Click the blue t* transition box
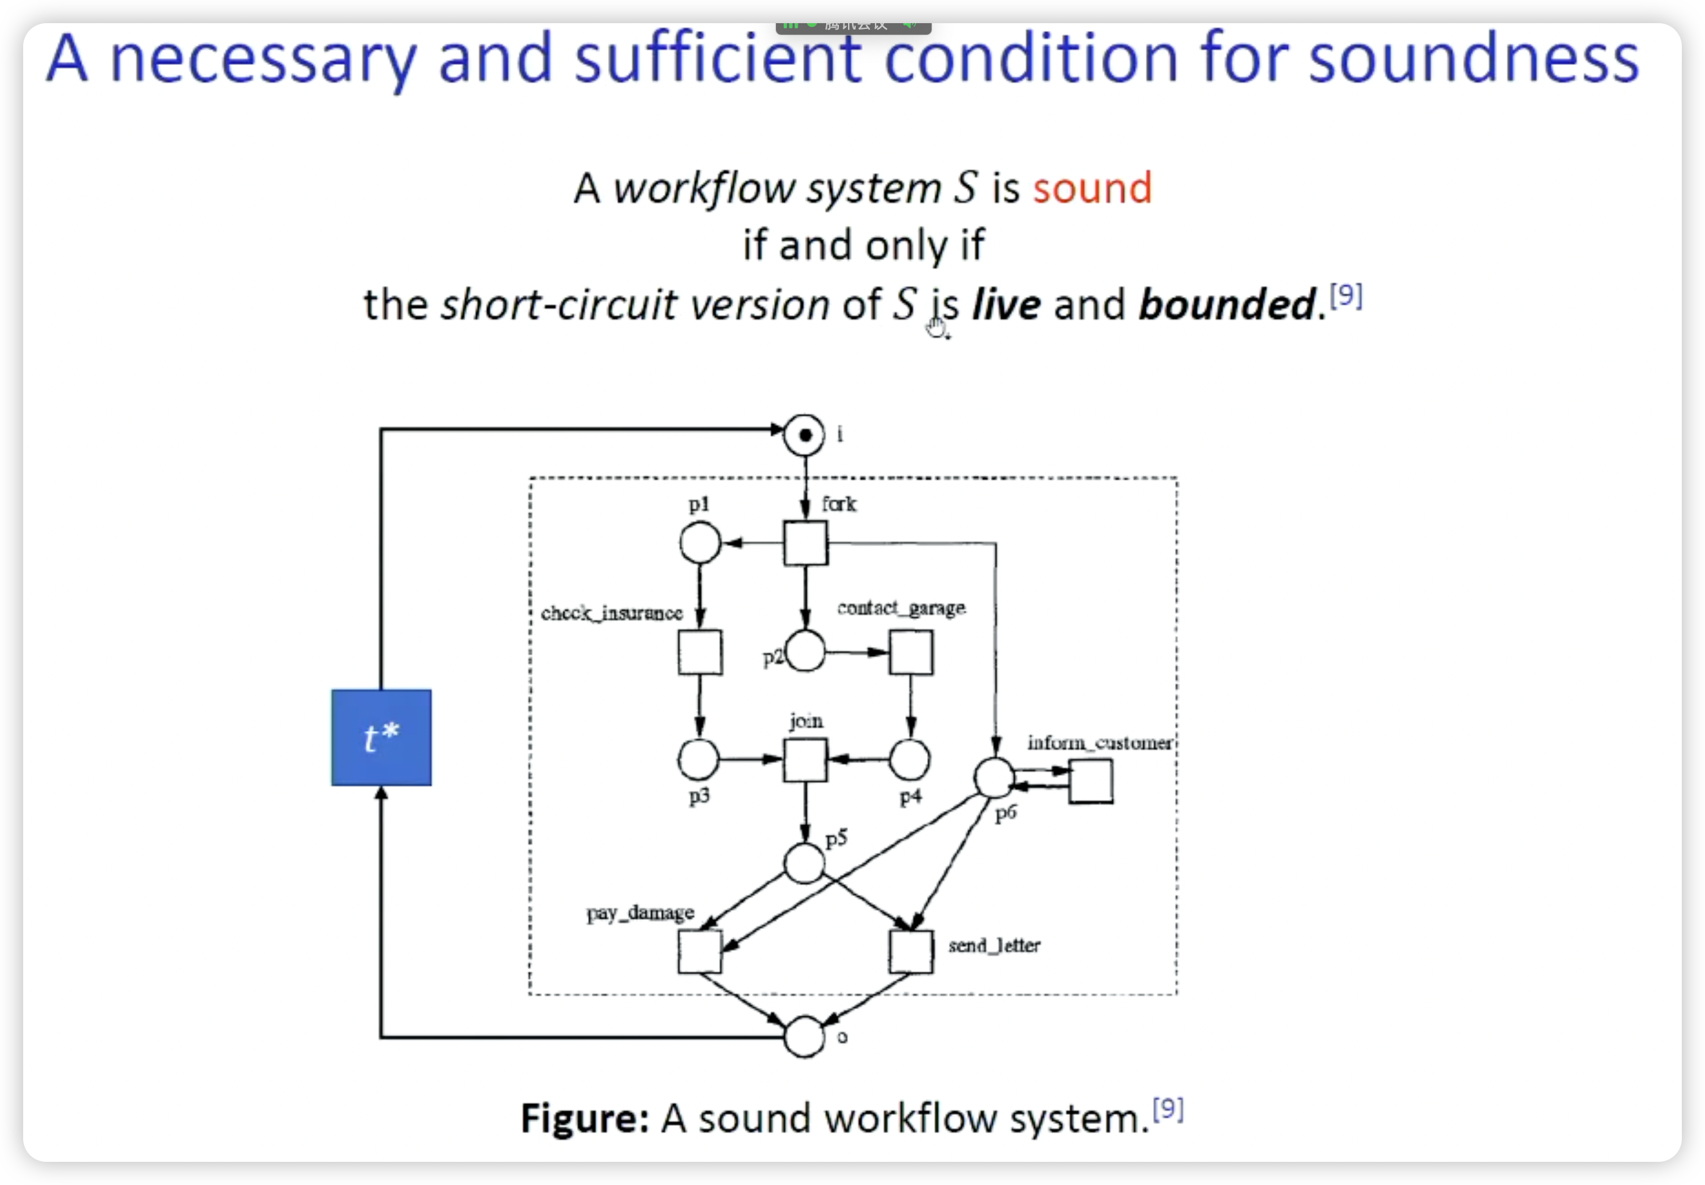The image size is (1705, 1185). click(381, 737)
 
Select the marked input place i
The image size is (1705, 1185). click(804, 435)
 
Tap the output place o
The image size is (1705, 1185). click(804, 1036)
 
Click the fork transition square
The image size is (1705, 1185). click(806, 543)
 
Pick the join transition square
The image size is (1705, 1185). click(806, 760)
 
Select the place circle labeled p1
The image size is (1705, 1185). click(699, 543)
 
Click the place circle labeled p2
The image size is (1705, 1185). click(806, 652)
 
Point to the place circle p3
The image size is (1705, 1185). click(698, 760)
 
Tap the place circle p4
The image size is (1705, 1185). click(910, 760)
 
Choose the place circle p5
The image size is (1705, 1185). click(804, 863)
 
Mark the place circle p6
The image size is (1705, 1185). click(994, 777)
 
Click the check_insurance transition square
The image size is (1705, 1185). click(699, 652)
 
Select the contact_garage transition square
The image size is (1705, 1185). click(911, 652)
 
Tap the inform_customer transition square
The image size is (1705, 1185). click(1091, 781)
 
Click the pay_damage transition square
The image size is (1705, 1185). click(699, 951)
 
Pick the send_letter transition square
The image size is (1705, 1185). click(911, 951)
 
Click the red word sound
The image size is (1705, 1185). click(1092, 188)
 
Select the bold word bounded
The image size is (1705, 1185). click(1228, 305)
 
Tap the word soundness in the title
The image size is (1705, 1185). click(1473, 59)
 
